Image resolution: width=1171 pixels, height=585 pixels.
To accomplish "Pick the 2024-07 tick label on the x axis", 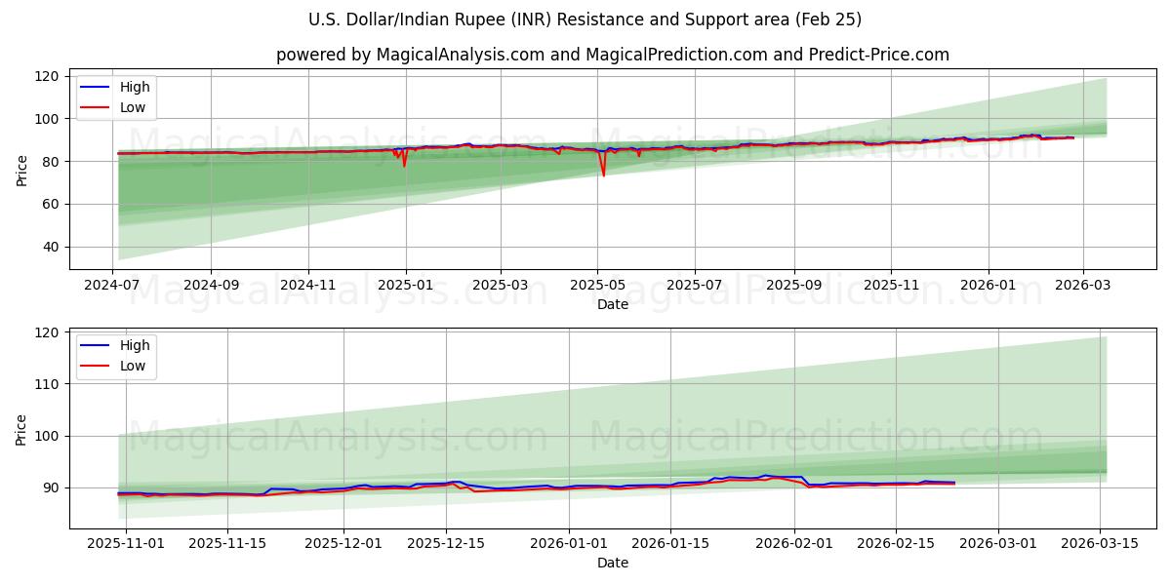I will click(x=113, y=286).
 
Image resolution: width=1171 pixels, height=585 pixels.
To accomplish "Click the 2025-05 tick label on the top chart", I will click(x=597, y=286).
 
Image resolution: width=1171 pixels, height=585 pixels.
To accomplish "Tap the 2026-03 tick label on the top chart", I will click(x=1083, y=286).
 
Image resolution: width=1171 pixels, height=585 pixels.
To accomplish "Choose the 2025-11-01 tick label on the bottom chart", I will click(x=127, y=543).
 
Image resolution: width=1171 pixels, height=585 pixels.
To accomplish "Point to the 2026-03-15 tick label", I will click(x=1101, y=543).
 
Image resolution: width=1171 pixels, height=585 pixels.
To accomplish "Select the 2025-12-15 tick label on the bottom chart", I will click(x=446, y=543).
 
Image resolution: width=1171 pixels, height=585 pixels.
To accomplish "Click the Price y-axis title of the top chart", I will click(x=22, y=171).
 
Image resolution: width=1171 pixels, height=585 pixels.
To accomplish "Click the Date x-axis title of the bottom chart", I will click(x=613, y=563).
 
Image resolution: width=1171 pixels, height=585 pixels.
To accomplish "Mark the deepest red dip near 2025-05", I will click(x=603, y=175).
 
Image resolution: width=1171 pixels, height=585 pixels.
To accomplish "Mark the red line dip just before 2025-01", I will click(x=404, y=166).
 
